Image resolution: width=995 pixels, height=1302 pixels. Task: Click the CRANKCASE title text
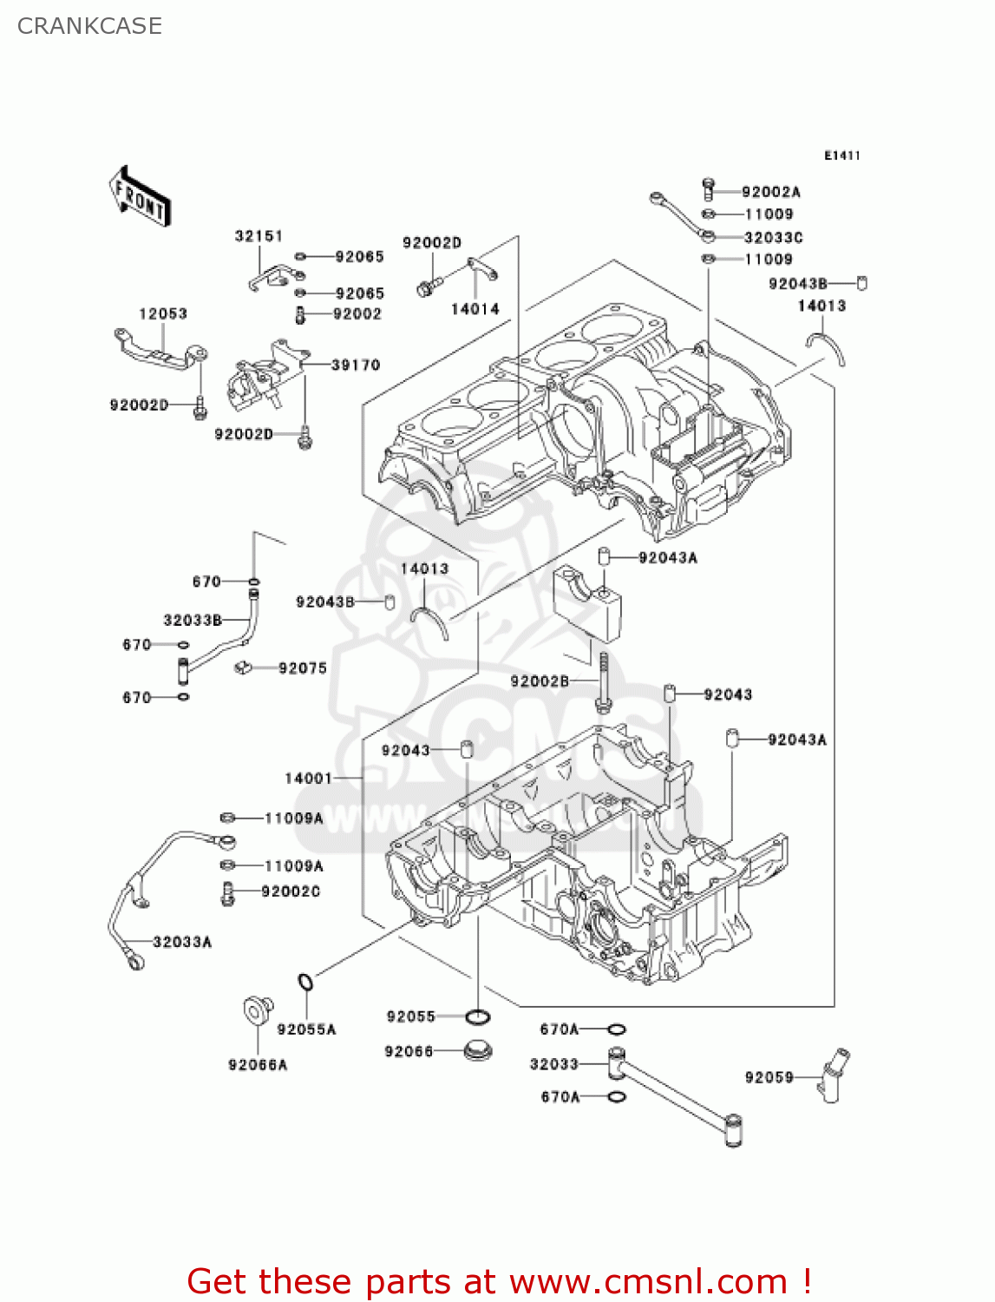(89, 26)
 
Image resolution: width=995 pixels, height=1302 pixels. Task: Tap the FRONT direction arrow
(140, 197)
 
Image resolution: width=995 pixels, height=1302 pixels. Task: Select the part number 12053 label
(163, 313)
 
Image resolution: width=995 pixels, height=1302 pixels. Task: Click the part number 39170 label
(356, 365)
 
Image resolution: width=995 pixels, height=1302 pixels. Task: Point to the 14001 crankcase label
(309, 779)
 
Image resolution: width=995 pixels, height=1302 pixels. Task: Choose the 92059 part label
(769, 1078)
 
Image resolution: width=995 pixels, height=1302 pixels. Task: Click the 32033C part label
(773, 237)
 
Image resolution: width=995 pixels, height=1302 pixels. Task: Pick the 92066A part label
(258, 1065)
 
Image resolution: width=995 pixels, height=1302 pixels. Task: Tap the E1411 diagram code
(841, 155)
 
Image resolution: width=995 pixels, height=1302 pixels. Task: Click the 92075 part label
(303, 668)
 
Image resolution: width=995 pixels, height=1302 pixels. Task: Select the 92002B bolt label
(540, 681)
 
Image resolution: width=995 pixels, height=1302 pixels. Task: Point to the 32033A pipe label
(182, 942)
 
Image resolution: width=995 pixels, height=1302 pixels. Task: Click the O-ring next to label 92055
(478, 1016)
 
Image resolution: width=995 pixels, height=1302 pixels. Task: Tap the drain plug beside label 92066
(477, 1051)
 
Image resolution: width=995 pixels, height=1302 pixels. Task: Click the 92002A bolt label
(770, 192)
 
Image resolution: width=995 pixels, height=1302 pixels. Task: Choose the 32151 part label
(259, 236)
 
